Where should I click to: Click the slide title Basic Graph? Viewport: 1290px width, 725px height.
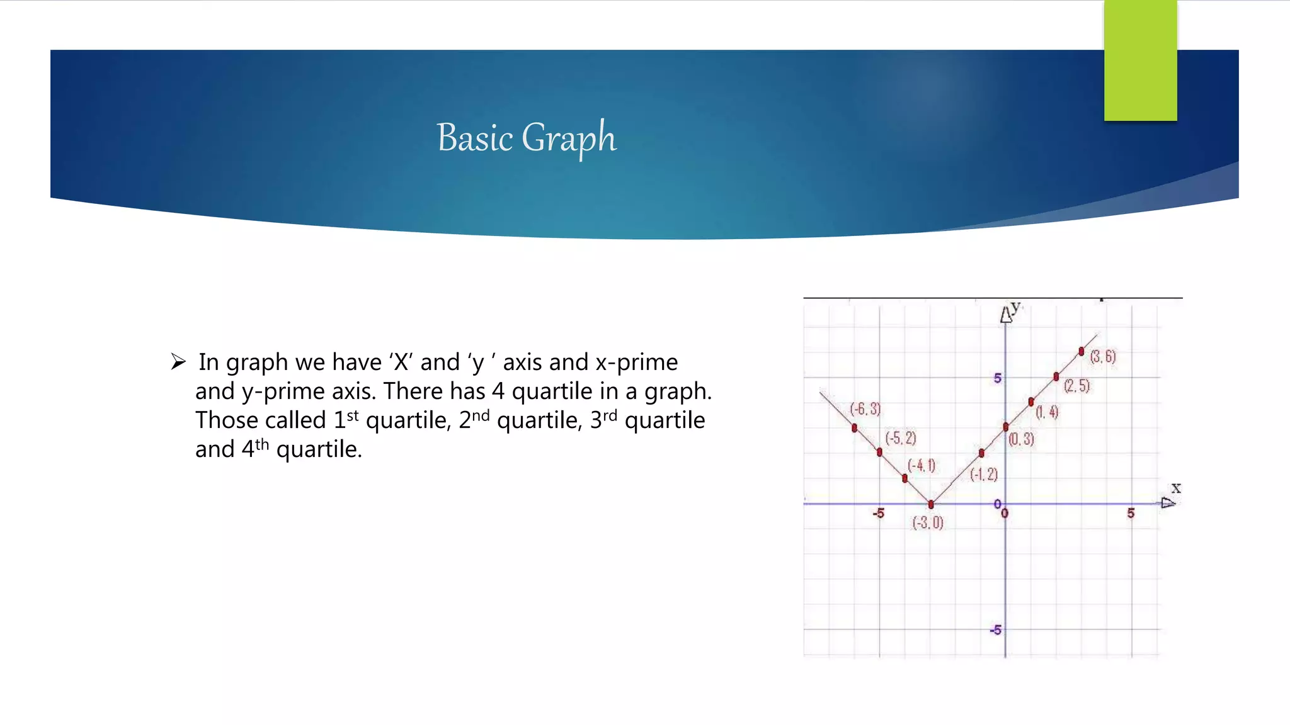point(527,138)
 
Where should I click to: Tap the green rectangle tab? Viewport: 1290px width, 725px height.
point(1140,60)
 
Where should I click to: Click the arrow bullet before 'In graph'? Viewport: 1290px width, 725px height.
point(178,362)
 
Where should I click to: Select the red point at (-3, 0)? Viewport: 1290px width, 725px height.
point(931,504)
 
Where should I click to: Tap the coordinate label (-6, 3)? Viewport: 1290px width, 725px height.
point(865,409)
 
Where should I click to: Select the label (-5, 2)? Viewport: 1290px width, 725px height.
point(901,438)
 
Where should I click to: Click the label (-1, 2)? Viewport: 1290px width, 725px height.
point(984,475)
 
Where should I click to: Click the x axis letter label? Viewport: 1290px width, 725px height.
point(1176,488)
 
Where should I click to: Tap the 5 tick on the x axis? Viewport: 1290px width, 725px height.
point(1131,514)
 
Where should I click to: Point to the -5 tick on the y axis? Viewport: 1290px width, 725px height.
point(995,630)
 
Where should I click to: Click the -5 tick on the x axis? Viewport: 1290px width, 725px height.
point(878,514)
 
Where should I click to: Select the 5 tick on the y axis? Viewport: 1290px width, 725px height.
point(997,378)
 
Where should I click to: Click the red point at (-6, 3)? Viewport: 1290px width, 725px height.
point(854,428)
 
